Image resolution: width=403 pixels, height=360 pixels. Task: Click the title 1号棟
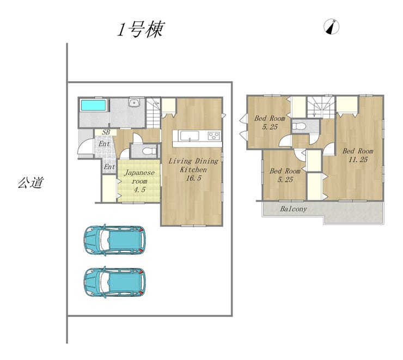click(x=141, y=29)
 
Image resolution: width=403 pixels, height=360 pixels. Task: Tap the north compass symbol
click(x=332, y=27)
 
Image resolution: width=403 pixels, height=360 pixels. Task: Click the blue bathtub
click(x=94, y=105)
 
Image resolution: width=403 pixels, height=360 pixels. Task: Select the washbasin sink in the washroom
click(x=133, y=102)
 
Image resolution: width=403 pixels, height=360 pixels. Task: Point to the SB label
click(x=106, y=132)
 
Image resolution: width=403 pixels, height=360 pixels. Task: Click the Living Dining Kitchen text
click(x=193, y=165)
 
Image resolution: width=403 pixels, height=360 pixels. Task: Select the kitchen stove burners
click(x=213, y=136)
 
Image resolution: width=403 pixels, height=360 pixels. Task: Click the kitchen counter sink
click(x=189, y=136)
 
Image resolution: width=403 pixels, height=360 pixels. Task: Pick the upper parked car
click(x=114, y=240)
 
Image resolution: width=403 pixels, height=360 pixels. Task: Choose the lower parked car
click(x=114, y=282)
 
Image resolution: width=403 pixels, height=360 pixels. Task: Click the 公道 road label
click(x=30, y=182)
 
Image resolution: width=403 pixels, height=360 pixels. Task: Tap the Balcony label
click(x=293, y=209)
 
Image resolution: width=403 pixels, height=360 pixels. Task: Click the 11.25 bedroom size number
click(x=358, y=160)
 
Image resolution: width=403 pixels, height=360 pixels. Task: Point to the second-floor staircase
click(x=320, y=108)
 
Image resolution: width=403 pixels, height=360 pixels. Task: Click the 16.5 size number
click(x=193, y=178)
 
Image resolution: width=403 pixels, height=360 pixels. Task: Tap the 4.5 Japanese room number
click(x=139, y=190)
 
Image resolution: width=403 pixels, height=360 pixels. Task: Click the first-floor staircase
click(x=154, y=113)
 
